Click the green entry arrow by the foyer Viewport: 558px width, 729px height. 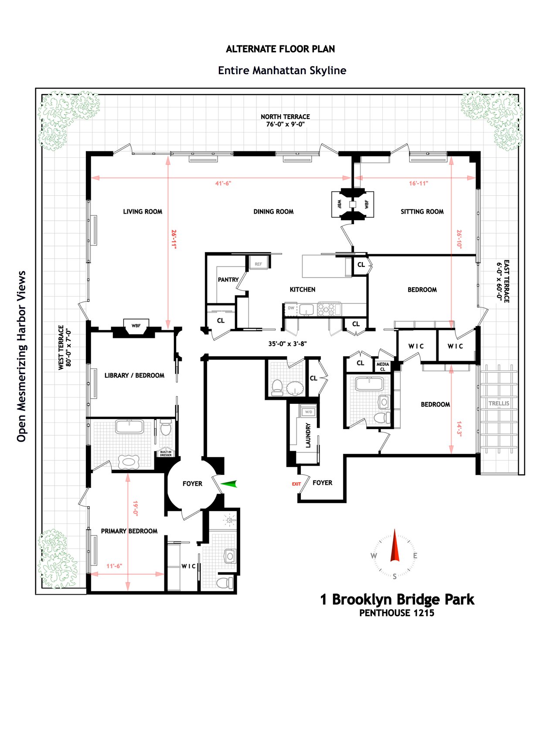pyautogui.click(x=229, y=483)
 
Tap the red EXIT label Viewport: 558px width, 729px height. pyautogui.click(x=296, y=484)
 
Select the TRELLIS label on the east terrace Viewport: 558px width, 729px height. pyautogui.click(x=499, y=403)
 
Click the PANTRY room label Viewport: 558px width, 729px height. pyautogui.click(x=228, y=279)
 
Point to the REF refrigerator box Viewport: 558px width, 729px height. pyautogui.click(x=259, y=264)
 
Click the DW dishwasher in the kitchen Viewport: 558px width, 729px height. pyautogui.click(x=291, y=308)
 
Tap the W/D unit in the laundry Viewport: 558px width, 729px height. pyautogui.click(x=309, y=412)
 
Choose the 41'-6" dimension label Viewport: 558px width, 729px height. pyautogui.click(x=223, y=184)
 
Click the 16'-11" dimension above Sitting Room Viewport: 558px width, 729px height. pyautogui.click(x=418, y=184)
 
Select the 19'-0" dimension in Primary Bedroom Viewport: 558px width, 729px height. pyautogui.click(x=135, y=508)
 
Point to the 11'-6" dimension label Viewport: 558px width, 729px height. pyautogui.click(x=114, y=566)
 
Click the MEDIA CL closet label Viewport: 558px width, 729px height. pyautogui.click(x=383, y=367)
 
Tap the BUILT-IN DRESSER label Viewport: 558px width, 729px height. pyautogui.click(x=166, y=453)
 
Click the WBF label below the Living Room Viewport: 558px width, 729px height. pyautogui.click(x=136, y=326)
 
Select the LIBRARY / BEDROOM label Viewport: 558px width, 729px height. pyautogui.click(x=134, y=375)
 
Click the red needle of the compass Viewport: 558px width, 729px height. pyautogui.click(x=395, y=545)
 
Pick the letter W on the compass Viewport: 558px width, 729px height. pyautogui.click(x=374, y=555)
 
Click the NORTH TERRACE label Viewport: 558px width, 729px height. pyautogui.click(x=285, y=117)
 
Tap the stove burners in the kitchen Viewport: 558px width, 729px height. pyautogui.click(x=326, y=309)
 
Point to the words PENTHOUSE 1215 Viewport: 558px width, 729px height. pyautogui.click(x=397, y=613)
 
